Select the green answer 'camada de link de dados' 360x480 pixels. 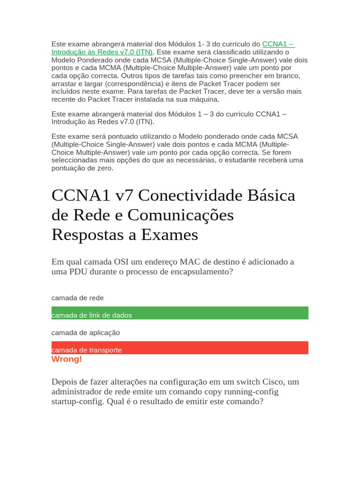[92, 315]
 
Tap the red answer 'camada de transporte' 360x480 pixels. [87, 350]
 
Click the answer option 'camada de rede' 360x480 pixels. [78, 298]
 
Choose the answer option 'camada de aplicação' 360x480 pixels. [86, 332]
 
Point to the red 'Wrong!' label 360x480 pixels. [67, 359]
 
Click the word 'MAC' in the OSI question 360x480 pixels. [200, 262]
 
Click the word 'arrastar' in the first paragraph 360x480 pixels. [64, 83]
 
